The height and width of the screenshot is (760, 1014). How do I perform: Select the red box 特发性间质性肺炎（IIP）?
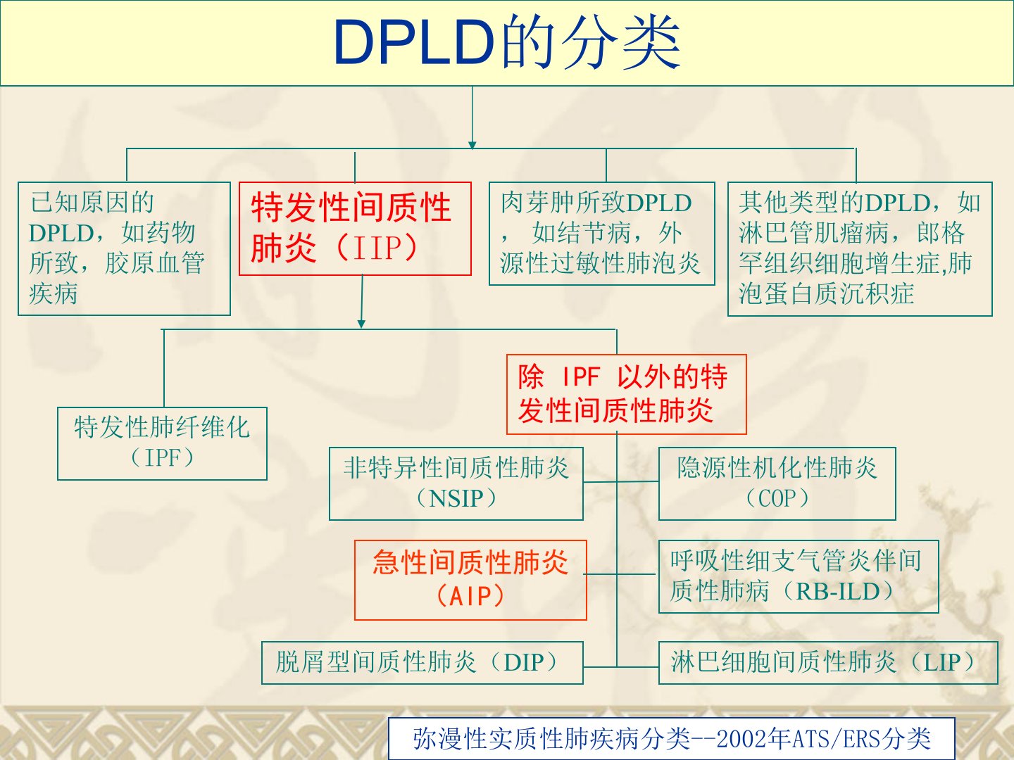tap(355, 229)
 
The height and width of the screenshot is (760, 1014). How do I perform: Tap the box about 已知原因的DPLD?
tap(124, 248)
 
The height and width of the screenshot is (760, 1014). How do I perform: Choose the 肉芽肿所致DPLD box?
tap(601, 234)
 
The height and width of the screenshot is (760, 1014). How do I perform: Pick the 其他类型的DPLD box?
tap(859, 248)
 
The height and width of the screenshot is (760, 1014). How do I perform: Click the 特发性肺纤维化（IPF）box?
tap(162, 443)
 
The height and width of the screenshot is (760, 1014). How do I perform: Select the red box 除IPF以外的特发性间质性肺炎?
tap(626, 394)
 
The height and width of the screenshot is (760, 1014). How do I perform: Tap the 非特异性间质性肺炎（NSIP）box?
tap(456, 483)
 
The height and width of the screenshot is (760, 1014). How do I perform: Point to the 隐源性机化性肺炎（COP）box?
tap(777, 483)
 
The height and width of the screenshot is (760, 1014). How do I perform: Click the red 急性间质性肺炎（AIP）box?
tap(470, 580)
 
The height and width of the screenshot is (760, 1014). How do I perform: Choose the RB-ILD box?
tap(798, 576)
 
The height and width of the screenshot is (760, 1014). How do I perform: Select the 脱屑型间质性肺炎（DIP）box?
tap(422, 662)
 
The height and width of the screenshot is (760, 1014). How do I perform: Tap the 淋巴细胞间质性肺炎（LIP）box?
tap(827, 662)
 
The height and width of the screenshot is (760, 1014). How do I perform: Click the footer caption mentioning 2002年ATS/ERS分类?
tap(671, 739)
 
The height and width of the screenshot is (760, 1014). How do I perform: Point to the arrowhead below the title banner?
tap(472, 144)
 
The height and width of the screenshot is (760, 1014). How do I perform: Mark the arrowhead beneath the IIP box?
tap(361, 323)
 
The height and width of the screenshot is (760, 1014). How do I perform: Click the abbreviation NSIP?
tap(456, 499)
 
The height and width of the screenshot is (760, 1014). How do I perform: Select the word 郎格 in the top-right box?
tap(941, 233)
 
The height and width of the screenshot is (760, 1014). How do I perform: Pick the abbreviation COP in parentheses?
tap(777, 499)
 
